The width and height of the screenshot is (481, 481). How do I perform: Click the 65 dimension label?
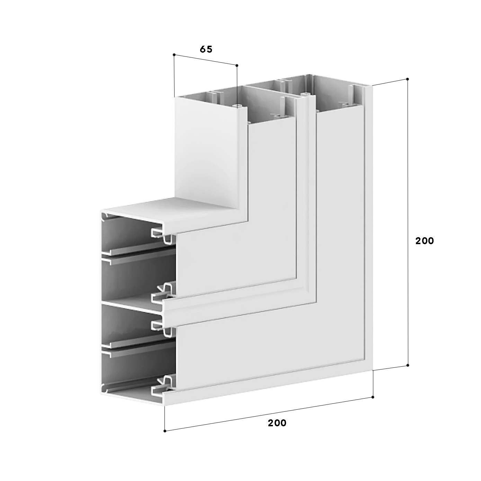206,50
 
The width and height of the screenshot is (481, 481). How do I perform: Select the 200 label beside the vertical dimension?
425,241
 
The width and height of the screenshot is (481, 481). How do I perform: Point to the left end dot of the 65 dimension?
174,54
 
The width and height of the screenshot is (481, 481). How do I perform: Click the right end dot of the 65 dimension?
237,65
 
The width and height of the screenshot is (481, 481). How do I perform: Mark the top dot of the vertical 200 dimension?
408,79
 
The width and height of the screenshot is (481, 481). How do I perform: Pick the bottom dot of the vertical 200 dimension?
408,365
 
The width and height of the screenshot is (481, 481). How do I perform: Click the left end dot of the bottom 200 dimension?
165,431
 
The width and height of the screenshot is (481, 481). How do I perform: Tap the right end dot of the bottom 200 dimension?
373,397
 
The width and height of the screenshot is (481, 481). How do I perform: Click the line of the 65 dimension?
205,60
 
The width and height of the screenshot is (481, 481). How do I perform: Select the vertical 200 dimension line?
408,222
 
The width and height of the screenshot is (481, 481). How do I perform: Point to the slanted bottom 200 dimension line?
269,414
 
